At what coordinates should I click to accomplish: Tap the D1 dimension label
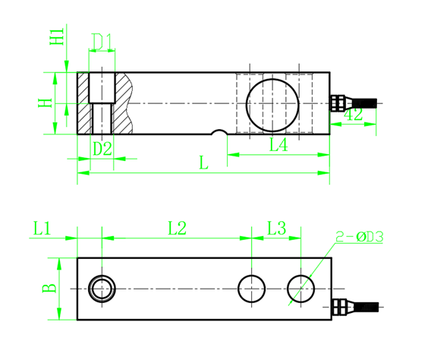coord(102,39)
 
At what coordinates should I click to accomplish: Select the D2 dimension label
coord(102,149)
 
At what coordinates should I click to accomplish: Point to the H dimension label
coord(46,103)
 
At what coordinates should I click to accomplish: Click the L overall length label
coord(203,163)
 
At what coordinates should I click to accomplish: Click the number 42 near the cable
coord(353,115)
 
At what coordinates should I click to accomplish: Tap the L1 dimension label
coord(42,227)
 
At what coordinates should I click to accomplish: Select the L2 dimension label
coord(177,227)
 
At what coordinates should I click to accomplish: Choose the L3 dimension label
coord(277,227)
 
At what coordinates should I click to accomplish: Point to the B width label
coord(48,289)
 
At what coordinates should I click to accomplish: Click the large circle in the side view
coord(272,103)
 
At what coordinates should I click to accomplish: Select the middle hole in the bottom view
coord(252,289)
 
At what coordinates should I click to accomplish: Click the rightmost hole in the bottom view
coord(301,289)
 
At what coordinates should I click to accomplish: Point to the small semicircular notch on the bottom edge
coord(219,134)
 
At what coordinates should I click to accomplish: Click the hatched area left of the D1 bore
coord(83,103)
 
